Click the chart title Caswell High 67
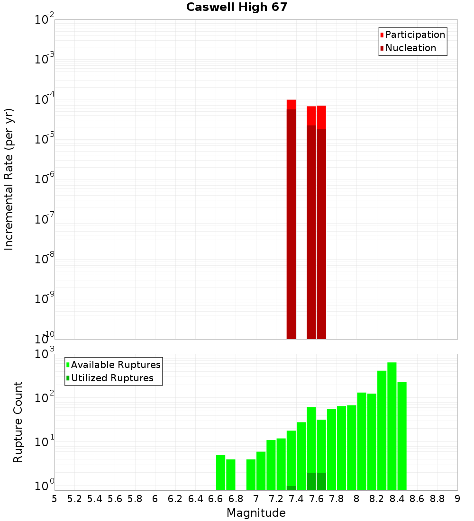(x=237, y=8)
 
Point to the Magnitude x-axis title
(x=256, y=513)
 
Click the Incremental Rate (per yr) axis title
(x=9, y=179)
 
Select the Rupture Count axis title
(x=18, y=422)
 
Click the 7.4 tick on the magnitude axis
(x=296, y=499)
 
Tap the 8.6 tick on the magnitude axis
(x=417, y=499)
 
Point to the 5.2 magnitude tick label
(x=74, y=499)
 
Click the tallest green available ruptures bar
(x=392, y=426)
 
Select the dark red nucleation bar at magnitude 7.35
(x=291, y=223)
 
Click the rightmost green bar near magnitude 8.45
(x=402, y=436)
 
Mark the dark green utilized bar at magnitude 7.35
(x=291, y=488)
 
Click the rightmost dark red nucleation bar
(x=321, y=232)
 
